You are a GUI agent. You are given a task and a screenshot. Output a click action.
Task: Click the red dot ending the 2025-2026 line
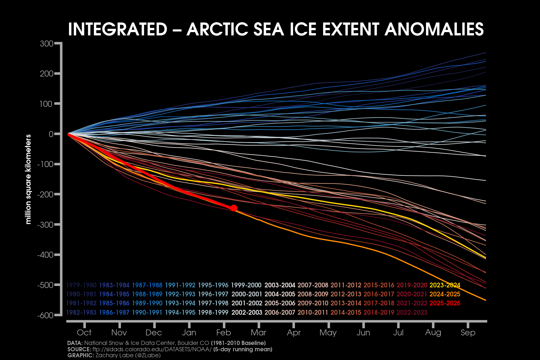(x=234, y=208)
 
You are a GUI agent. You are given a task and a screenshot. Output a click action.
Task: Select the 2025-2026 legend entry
(x=445, y=303)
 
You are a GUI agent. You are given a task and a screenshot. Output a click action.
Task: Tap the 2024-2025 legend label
(x=445, y=294)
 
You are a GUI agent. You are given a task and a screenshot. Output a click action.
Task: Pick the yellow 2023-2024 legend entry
(x=445, y=285)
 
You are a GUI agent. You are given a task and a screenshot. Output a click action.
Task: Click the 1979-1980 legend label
(x=81, y=285)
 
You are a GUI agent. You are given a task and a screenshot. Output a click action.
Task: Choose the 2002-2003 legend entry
(x=247, y=312)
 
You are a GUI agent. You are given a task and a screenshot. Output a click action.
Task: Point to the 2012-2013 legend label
(x=346, y=294)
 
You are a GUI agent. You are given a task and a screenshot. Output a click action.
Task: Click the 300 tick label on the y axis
(x=46, y=44)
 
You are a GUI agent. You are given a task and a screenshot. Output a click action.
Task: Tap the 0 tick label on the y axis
(x=51, y=134)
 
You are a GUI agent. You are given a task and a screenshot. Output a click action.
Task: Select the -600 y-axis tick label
(x=45, y=315)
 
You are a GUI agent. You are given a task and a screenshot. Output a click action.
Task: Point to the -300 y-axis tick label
(x=45, y=225)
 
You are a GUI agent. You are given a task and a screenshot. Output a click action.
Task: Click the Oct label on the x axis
(x=84, y=332)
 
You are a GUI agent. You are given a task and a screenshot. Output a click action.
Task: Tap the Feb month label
(x=223, y=332)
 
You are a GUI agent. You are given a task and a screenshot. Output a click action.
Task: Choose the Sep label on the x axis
(x=468, y=332)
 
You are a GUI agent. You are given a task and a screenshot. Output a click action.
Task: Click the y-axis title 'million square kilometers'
(x=28, y=179)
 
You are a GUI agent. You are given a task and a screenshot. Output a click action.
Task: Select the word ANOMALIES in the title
(x=434, y=29)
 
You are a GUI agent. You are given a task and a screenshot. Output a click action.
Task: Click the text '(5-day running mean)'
(x=243, y=349)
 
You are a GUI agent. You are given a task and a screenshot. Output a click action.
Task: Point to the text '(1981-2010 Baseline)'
(x=238, y=343)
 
